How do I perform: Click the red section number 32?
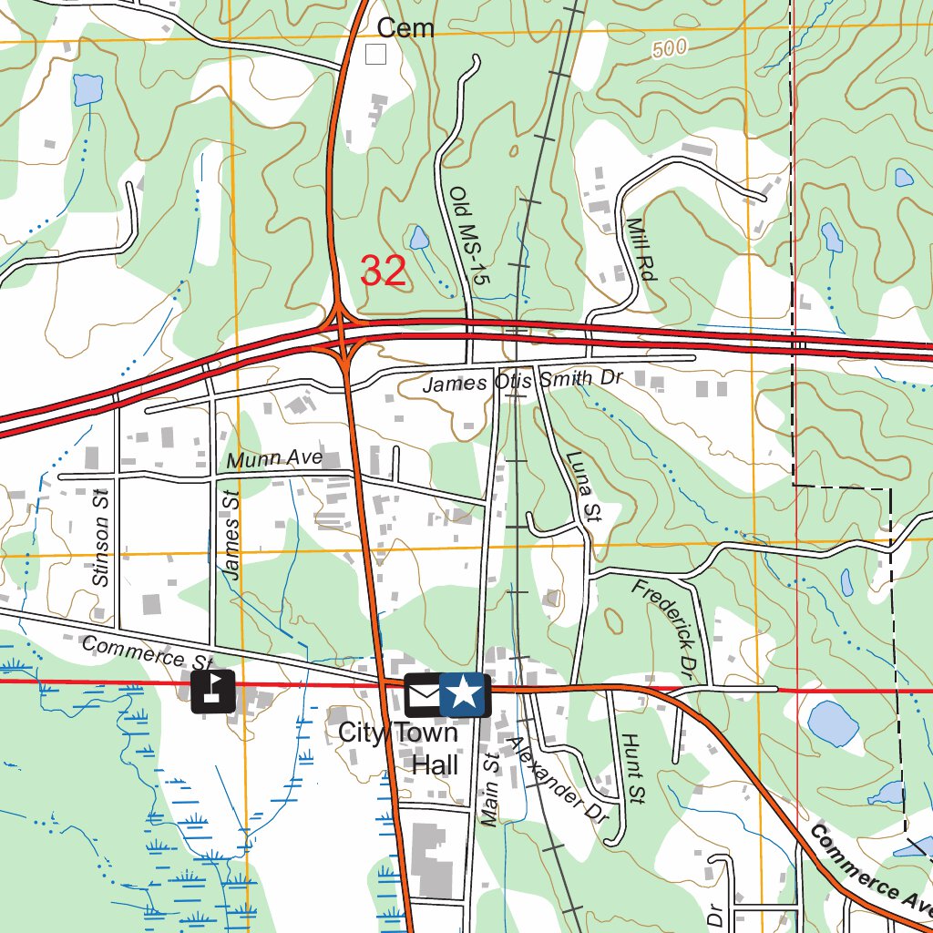pos(383,271)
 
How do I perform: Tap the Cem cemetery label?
pos(405,28)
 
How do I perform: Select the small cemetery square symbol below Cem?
pos(375,55)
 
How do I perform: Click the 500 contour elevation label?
pos(670,51)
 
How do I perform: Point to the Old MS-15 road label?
pos(469,236)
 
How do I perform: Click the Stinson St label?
pos(101,537)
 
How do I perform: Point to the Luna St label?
pos(581,487)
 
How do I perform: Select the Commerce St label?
pos(147,653)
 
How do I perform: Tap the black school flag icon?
pos(213,691)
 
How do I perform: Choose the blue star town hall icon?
pos(465,695)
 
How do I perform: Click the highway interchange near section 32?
pos(343,336)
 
